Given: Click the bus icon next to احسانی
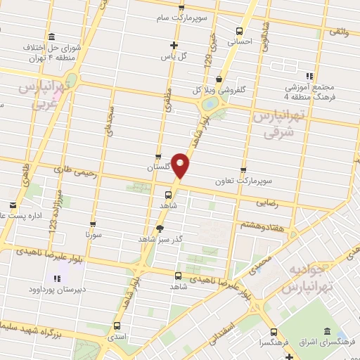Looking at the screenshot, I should click(239, 32).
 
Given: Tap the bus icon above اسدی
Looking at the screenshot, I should click(116, 326).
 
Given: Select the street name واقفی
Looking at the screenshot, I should click(338, 33).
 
